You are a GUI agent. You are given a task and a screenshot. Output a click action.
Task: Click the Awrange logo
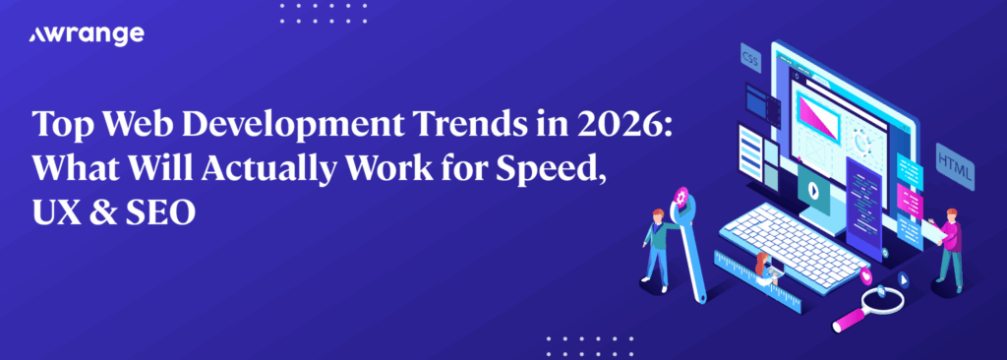point(87,35)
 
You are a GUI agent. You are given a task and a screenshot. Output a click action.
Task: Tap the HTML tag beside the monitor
point(956,162)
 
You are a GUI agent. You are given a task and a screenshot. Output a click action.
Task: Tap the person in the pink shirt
point(948,250)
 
